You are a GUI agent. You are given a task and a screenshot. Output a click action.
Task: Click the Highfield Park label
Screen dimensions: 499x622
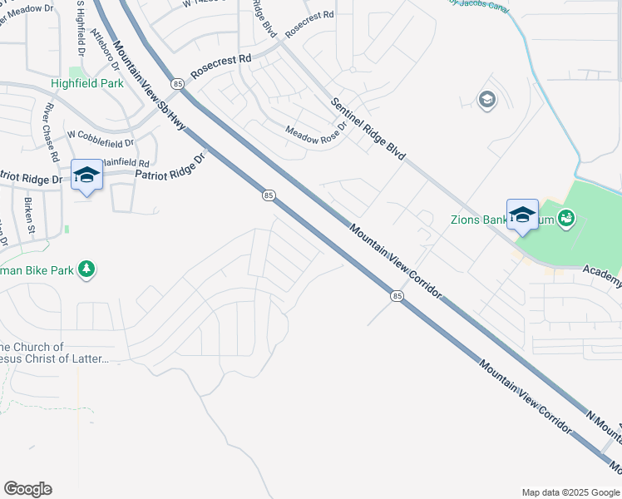coord(87,83)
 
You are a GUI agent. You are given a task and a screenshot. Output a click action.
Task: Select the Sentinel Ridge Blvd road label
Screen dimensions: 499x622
coord(368,129)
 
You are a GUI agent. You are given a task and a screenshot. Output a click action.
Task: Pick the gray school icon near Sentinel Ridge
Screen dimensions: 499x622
coord(486,101)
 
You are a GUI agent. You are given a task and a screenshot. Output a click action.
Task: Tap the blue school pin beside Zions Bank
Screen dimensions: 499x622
coord(522,215)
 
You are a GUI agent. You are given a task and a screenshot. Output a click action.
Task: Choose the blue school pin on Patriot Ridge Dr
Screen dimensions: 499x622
coord(86,175)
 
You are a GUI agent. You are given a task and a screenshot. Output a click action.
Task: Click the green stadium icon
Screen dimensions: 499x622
coord(566,219)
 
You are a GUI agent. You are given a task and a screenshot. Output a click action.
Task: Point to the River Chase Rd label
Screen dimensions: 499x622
coord(52,132)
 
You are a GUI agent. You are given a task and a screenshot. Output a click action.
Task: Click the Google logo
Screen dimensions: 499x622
coord(27,489)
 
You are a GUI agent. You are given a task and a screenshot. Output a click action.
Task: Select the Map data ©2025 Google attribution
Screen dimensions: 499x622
coord(570,492)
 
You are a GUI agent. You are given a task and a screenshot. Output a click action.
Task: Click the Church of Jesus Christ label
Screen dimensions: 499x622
coord(54,353)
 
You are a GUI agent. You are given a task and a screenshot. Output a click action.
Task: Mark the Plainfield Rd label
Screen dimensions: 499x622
coord(126,164)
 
